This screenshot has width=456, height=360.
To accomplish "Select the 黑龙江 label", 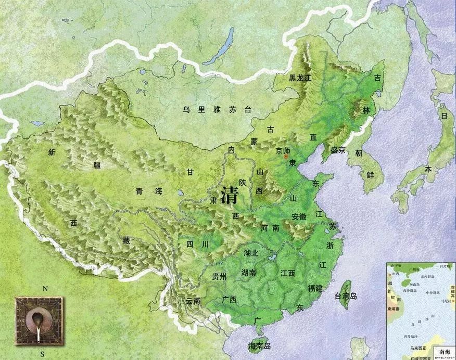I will coord(300,78).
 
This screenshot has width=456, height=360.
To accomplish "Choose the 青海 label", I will coord(149,191).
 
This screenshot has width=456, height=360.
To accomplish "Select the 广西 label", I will coord(229,300).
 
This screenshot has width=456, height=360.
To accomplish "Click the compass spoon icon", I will coord(38,318).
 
